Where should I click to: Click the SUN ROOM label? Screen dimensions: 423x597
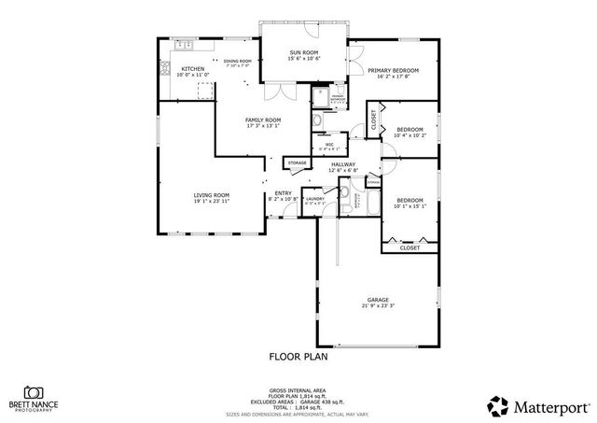304,52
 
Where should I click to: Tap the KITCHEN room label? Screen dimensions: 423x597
193,69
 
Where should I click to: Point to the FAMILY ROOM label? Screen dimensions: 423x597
263,120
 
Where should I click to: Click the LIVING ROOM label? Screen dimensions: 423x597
212,195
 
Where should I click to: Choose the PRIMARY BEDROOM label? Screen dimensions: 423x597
392,71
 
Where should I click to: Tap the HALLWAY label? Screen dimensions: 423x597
343,164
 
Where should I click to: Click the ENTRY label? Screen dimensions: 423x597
283,194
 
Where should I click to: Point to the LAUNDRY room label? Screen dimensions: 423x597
314,198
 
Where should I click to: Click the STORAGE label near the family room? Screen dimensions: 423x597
298,163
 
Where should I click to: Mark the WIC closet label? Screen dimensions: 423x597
329,144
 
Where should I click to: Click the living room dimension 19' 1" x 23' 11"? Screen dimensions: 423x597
212,201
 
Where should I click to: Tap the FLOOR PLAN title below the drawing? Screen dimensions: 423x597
298,356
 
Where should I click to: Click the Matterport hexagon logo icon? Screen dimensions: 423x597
498,405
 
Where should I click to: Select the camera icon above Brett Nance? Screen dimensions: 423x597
35,393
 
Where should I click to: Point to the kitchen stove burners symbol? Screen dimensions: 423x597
166,67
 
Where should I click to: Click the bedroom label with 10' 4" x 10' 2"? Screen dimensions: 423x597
410,130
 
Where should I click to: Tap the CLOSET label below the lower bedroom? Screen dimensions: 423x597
410,247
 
